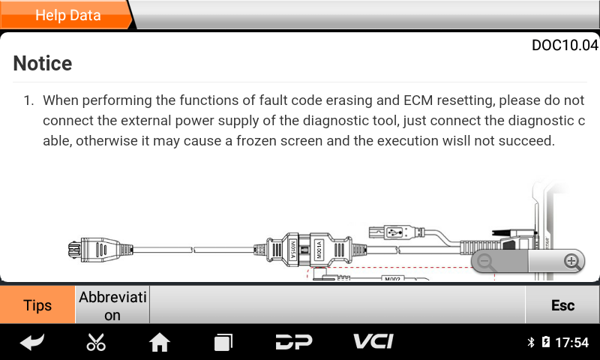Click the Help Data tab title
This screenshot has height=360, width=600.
coord(67,15)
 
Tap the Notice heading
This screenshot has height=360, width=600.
coord(43,63)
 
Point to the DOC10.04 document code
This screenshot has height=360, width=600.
coord(565,45)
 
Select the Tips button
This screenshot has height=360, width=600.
coord(37,305)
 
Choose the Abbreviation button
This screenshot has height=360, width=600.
coord(112,305)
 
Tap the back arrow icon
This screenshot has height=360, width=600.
coord(32,343)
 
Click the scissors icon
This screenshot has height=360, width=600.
coord(96,343)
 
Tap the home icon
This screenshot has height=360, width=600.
coord(160,343)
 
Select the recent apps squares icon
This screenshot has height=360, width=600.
coord(223,343)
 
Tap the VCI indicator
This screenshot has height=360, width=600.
coord(373,342)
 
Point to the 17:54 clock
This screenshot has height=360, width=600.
coord(571,343)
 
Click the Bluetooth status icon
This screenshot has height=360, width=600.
coord(530,343)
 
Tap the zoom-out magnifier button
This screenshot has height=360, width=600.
coord(487,262)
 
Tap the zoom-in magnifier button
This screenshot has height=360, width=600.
coord(572,262)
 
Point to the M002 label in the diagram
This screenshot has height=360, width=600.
coord(392,279)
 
